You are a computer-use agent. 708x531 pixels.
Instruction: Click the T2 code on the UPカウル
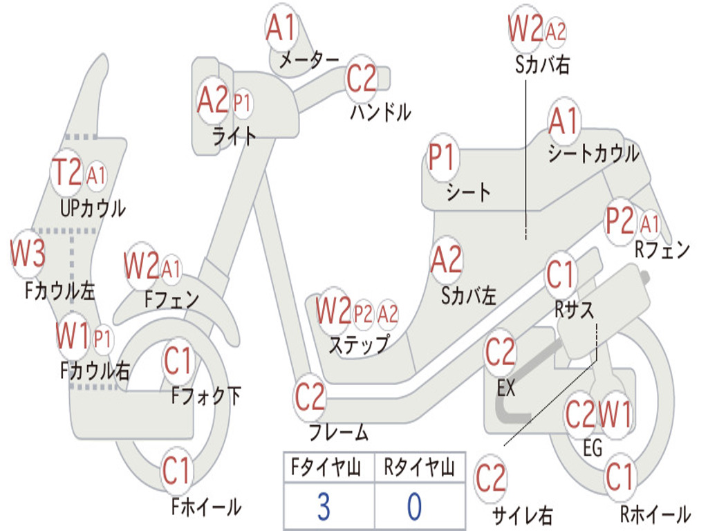coord(67,172)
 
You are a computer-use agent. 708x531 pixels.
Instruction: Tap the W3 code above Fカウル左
coord(28,252)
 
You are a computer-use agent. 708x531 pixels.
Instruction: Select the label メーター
coord(309,59)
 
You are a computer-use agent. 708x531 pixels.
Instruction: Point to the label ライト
coord(234,136)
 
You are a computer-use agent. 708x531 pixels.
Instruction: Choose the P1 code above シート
coord(442,157)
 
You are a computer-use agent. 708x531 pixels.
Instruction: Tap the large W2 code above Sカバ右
coord(525,28)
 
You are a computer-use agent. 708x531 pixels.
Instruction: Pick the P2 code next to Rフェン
coord(619,221)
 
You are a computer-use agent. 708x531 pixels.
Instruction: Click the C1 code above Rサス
coord(560,274)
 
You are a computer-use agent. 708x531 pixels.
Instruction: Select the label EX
coord(505,387)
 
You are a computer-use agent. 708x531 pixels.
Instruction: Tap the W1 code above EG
coord(615,415)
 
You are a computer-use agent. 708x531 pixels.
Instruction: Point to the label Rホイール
coord(655,514)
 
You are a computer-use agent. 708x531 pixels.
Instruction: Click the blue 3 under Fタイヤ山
coord(324,506)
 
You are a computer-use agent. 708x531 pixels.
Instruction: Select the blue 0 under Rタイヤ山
coord(415,506)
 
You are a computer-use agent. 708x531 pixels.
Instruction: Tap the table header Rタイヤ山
coord(419,467)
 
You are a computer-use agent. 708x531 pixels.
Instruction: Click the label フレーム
coord(338,432)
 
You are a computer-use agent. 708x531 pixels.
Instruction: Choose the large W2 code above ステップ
coord(333,310)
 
